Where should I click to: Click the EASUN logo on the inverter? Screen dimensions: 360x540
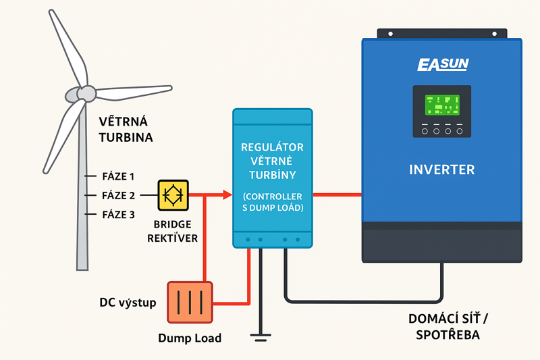pos(442,65)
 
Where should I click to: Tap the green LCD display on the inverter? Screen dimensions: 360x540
pos(442,105)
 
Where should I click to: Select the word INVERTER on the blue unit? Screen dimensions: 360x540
pos(442,169)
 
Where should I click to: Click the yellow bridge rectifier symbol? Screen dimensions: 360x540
pos(173,195)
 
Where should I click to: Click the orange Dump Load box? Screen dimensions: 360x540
pos(190,302)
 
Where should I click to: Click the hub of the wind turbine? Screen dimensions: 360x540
pos(85,93)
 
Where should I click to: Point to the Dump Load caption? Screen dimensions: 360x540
pos(190,338)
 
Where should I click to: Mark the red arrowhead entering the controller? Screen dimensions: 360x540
pos(227,195)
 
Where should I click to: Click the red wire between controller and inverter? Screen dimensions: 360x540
pos(337,195)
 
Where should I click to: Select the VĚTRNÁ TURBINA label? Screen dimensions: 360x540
pos(126,130)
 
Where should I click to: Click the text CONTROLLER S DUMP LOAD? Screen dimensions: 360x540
pos(272,202)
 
